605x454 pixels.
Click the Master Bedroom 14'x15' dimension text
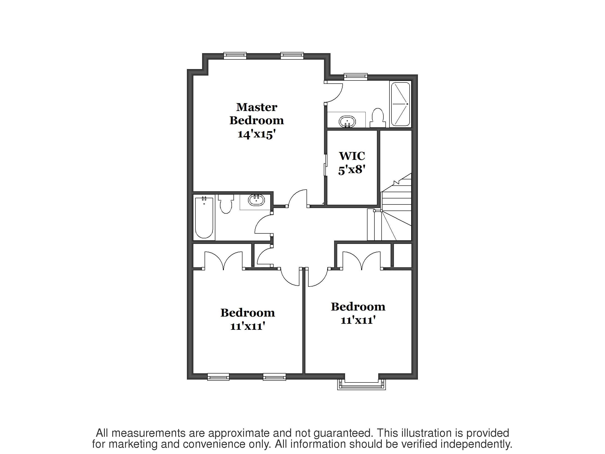(256, 134)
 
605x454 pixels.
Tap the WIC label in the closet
(352, 156)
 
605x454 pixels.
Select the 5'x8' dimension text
(352, 170)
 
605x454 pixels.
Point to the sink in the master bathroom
(347, 122)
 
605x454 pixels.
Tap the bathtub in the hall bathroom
(204, 218)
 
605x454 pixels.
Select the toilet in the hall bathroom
(226, 204)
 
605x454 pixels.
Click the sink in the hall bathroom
(257, 200)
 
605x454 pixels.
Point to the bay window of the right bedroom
(362, 385)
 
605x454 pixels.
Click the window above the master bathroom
(356, 77)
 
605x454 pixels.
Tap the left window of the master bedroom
(235, 56)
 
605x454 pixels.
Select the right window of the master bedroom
(292, 56)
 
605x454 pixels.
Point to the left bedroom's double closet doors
(223, 261)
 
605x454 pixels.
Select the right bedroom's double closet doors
(362, 261)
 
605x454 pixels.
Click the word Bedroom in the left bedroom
(248, 313)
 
